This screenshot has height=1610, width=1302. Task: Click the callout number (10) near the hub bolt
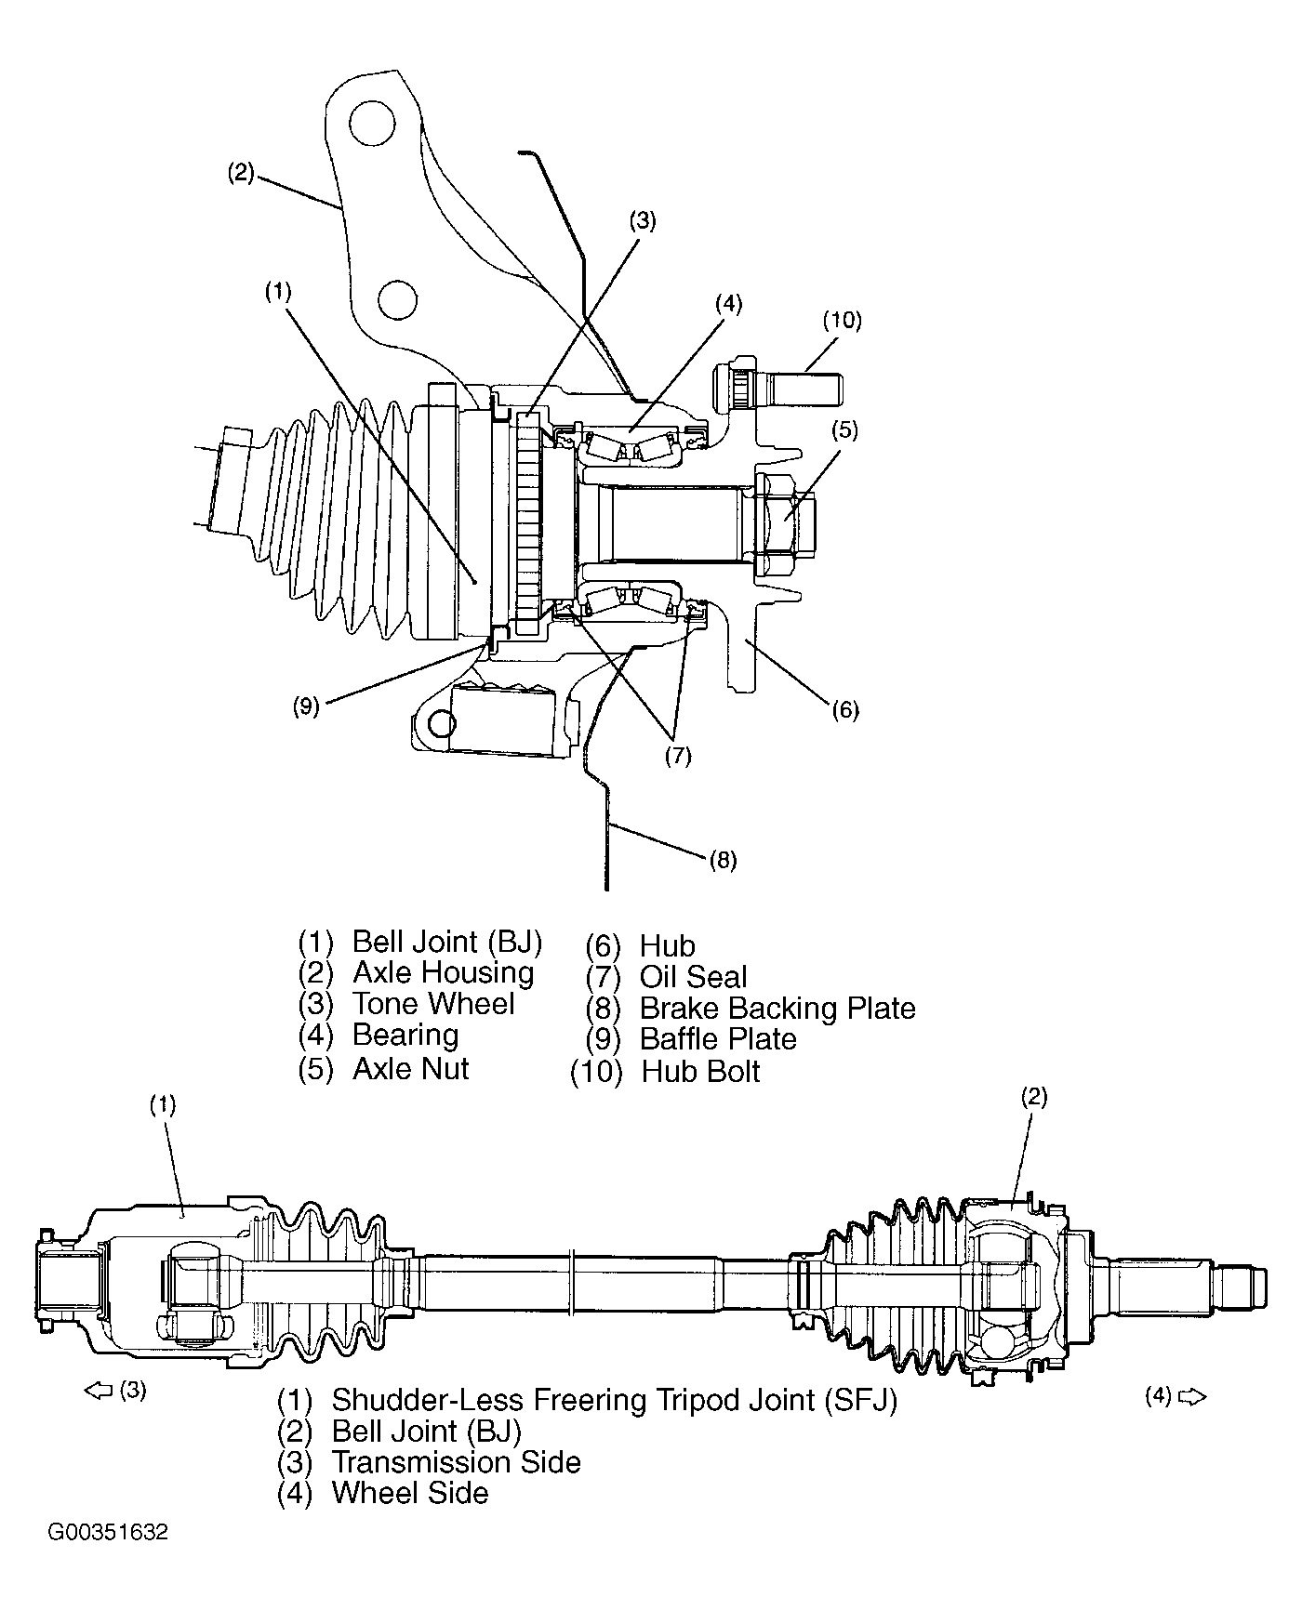(x=842, y=321)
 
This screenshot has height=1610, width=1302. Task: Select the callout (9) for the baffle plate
(x=306, y=706)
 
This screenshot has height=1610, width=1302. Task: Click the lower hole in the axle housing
(x=397, y=298)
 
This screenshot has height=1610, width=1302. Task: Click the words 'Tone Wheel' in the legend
(x=433, y=1004)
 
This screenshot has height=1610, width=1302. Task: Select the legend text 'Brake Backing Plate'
(x=777, y=1008)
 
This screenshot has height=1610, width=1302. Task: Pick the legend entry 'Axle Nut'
(x=410, y=1068)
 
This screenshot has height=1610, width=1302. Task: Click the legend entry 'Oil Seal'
(x=693, y=977)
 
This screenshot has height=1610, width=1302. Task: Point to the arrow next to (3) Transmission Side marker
(x=98, y=1391)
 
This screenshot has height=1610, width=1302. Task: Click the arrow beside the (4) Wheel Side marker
(x=1191, y=1396)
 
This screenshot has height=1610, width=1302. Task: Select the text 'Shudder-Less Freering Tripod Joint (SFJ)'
(x=614, y=1400)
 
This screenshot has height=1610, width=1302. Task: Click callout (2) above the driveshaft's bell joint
(x=1034, y=1097)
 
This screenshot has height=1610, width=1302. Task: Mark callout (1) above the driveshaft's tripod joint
(x=163, y=1104)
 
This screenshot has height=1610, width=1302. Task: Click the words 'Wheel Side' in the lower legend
(x=410, y=1493)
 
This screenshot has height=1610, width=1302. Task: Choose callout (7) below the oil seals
(x=678, y=756)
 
